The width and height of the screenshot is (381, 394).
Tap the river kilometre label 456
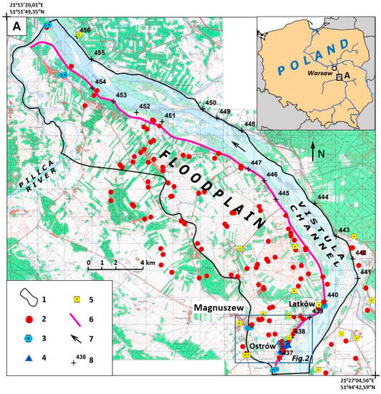(85, 30)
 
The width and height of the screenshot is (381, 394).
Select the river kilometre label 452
(145, 107)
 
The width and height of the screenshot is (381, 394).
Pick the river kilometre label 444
(323, 197)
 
